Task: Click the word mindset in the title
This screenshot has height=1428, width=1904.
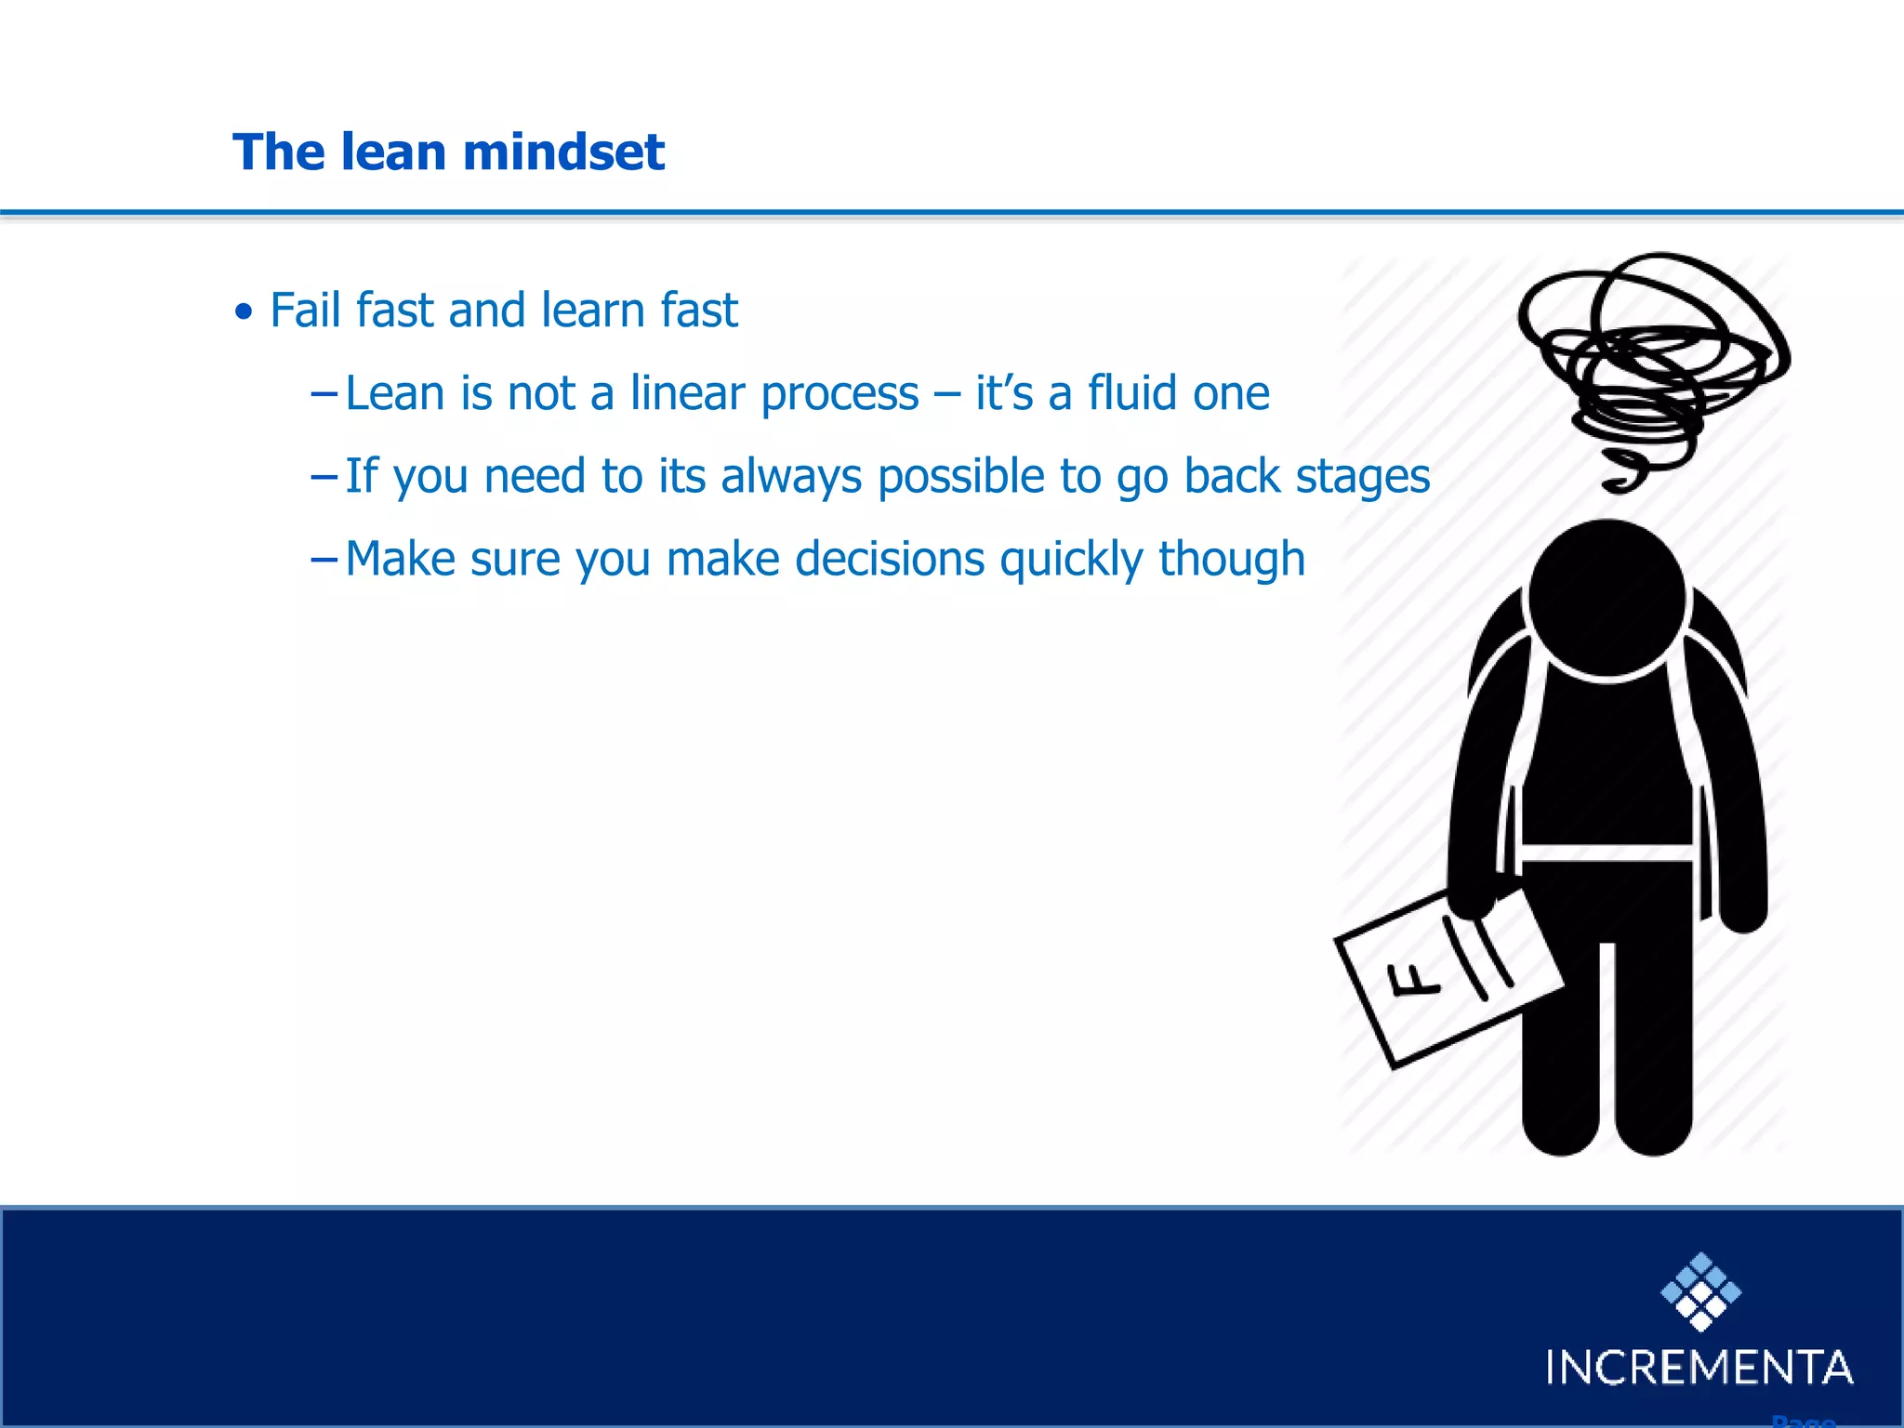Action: pos(563,152)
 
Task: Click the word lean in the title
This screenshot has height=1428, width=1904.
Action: pos(393,152)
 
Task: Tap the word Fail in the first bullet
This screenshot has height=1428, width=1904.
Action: pos(305,310)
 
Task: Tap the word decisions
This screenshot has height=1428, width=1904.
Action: pos(890,560)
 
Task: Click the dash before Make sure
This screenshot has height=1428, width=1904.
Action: pos(324,560)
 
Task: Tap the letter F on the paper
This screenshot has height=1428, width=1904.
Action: pos(1412,981)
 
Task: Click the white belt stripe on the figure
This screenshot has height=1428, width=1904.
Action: pos(1606,853)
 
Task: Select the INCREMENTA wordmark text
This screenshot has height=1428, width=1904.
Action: pos(1699,1368)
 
